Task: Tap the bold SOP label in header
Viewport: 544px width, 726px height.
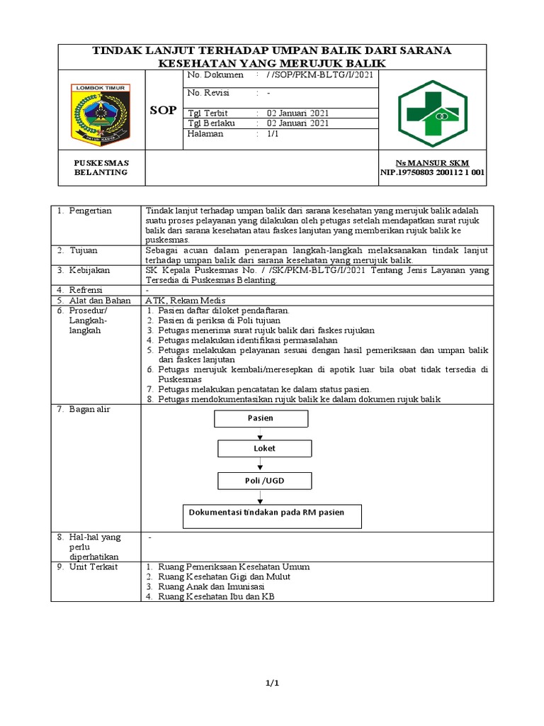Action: tap(163, 111)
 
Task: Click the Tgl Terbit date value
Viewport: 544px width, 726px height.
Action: tap(297, 113)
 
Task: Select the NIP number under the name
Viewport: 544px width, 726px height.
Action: tap(433, 172)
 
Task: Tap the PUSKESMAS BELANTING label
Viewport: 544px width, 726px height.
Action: tap(101, 167)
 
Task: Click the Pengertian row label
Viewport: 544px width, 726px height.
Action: tap(90, 211)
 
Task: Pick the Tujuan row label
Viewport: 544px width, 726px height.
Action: tap(84, 250)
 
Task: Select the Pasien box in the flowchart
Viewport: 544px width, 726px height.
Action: tap(261, 418)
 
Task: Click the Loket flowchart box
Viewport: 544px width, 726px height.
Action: tap(264, 449)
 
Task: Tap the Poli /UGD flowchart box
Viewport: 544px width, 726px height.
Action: tap(264, 481)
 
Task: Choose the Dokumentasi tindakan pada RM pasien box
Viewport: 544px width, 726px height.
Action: tap(273, 516)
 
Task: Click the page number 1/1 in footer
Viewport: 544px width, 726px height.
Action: tap(272, 683)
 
